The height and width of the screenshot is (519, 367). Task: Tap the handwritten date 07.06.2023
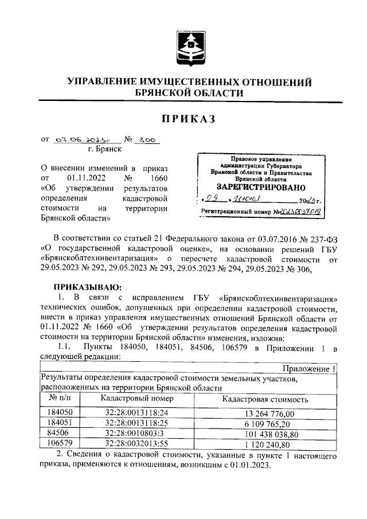pyautogui.click(x=80, y=139)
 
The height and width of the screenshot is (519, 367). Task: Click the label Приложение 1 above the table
pyautogui.click(x=307, y=369)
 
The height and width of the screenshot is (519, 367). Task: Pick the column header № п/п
pyautogui.click(x=60, y=398)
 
